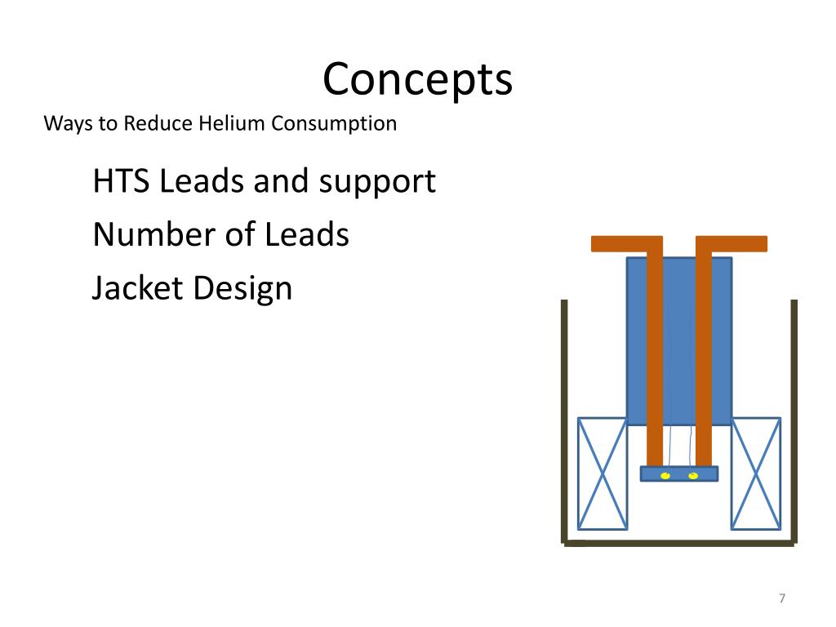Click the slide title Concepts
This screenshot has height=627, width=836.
[x=417, y=80]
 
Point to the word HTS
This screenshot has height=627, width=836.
[x=122, y=181]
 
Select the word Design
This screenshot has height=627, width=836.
[x=242, y=288]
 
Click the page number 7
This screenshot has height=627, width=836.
[x=781, y=599]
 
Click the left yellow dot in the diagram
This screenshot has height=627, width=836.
[x=665, y=474]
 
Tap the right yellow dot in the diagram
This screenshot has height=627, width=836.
[x=693, y=474]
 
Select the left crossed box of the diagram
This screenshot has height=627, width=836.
[x=603, y=474]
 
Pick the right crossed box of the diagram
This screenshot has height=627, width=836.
[x=755, y=474]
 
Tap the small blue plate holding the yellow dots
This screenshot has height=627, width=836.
[x=679, y=474]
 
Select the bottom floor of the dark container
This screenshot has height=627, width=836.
[x=678, y=541]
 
